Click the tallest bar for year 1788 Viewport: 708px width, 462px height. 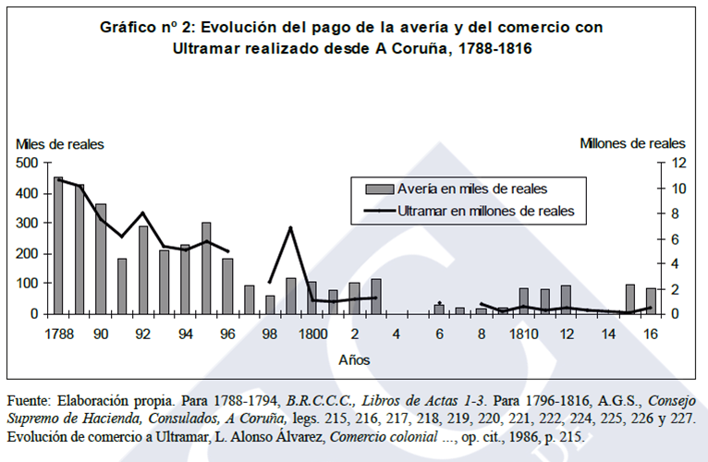[x=58, y=245]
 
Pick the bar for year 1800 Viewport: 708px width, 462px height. [x=311, y=298]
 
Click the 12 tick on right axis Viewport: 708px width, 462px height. [x=678, y=163]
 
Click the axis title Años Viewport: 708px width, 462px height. [x=355, y=357]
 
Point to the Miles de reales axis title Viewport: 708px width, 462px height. [x=59, y=143]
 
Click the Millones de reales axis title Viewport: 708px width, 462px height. [x=632, y=143]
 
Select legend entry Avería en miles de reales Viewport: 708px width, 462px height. [x=471, y=188]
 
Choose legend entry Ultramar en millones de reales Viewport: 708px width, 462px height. [x=486, y=211]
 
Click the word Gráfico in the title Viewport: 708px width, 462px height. [x=131, y=28]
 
